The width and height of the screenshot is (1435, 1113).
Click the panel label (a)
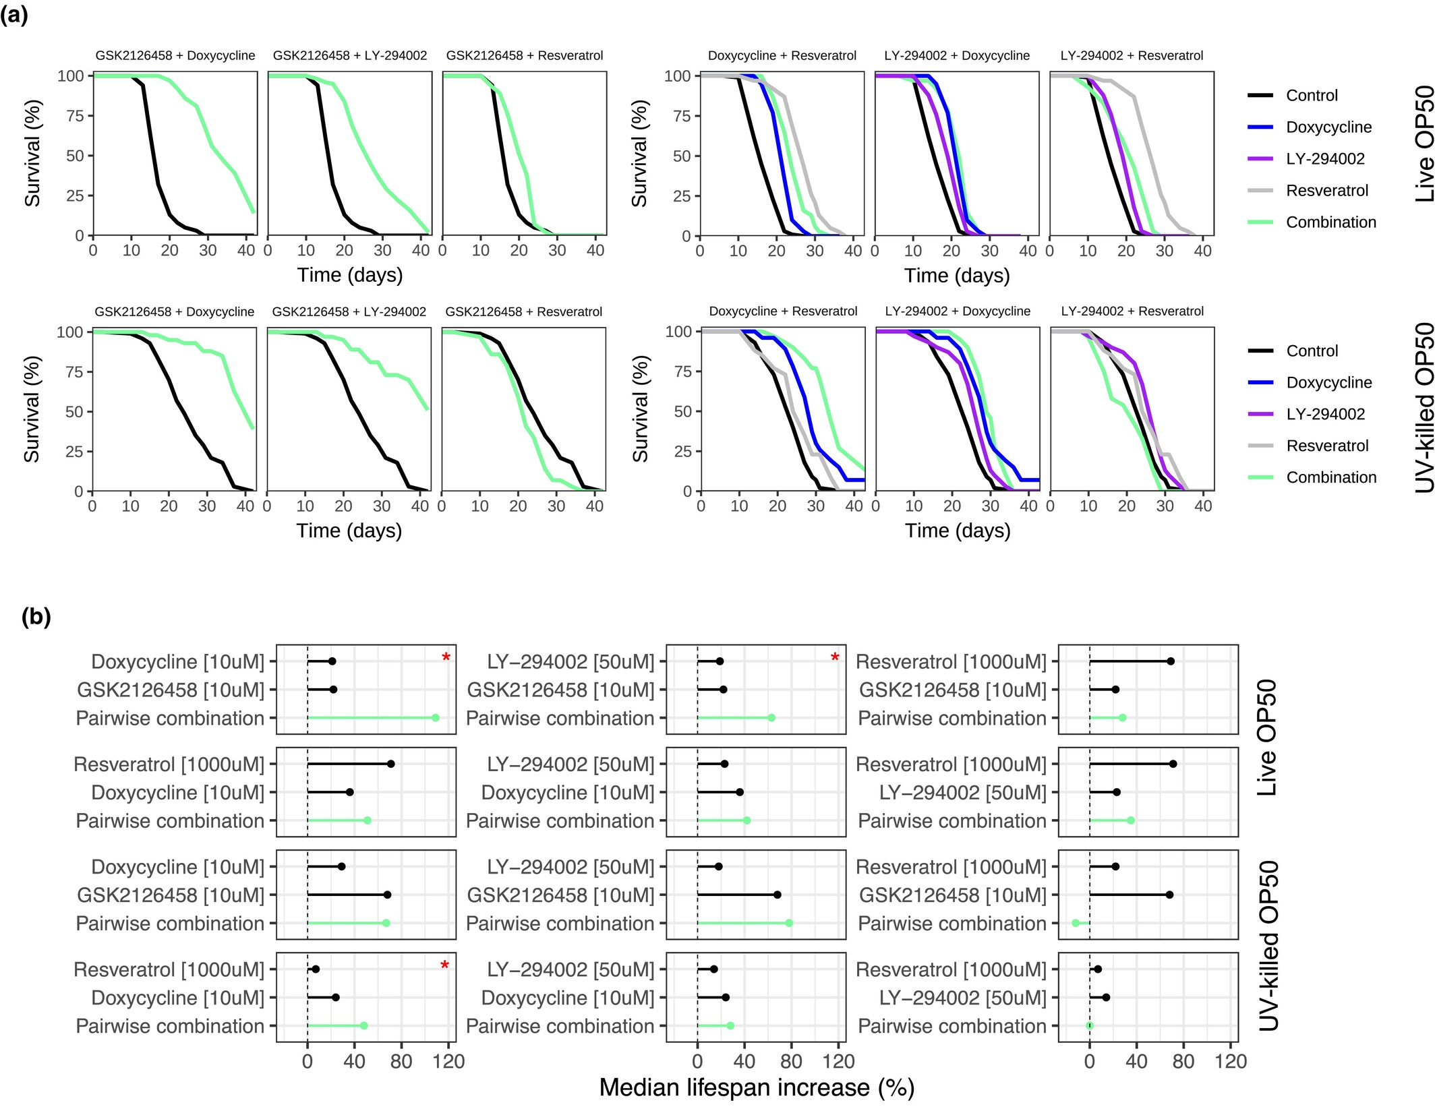coord(14,15)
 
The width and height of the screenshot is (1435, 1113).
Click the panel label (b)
coord(36,616)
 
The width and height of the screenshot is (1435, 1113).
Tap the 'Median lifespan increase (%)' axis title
coord(757,1088)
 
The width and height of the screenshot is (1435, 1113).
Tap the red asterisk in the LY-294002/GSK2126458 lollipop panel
coord(835,658)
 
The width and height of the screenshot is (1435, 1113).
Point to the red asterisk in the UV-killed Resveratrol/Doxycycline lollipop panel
coord(444,966)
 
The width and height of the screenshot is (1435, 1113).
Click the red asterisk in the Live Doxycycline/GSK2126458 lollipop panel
coord(446,658)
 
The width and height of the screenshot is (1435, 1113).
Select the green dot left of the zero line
coord(1076,923)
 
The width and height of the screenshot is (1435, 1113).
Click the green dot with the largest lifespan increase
coord(436,718)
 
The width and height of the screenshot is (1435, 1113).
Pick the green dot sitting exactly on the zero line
coord(1090,1025)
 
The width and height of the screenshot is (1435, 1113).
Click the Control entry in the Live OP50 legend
coord(1311,96)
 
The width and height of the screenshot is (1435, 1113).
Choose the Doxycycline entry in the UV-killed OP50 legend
coord(1328,383)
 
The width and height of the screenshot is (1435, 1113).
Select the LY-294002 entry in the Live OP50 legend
coord(1324,159)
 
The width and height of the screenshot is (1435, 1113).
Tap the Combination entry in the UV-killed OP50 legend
coord(1330,478)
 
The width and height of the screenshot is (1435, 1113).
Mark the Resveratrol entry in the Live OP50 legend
coord(1326,191)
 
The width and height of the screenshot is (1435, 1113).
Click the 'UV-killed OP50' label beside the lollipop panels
coord(1268,946)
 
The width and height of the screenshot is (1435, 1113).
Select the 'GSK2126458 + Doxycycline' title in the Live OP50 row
coord(175,56)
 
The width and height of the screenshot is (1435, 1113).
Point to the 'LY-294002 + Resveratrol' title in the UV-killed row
coord(1132,311)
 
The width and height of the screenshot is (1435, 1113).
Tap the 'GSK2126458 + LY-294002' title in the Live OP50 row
coord(350,56)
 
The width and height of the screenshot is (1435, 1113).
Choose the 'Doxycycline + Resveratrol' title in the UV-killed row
coord(783,311)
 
